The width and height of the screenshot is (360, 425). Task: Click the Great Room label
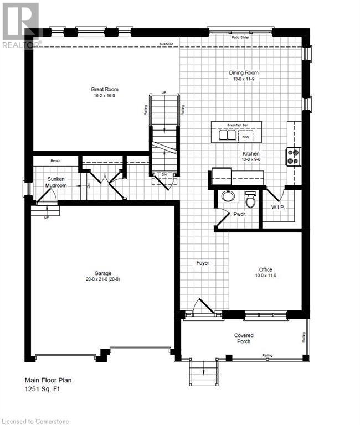[x=105, y=89]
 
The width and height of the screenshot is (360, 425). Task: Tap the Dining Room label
[x=244, y=72]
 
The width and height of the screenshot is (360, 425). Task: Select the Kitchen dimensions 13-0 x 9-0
[x=250, y=159]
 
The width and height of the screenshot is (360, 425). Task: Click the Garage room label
[x=103, y=273]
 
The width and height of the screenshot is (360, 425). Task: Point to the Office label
[x=265, y=269]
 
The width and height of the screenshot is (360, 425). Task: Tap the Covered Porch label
[x=244, y=338]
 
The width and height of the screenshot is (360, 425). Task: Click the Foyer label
[x=203, y=262]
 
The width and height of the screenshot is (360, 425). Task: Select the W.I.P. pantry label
[x=277, y=208]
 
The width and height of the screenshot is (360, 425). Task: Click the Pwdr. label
[x=239, y=213]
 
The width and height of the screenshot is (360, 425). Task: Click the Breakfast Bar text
[x=231, y=125]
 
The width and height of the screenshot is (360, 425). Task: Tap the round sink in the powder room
[x=228, y=195]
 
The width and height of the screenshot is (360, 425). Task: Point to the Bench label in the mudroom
[x=55, y=160]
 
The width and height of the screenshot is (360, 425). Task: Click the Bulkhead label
[x=166, y=44]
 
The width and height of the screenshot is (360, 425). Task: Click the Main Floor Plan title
[x=48, y=380]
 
